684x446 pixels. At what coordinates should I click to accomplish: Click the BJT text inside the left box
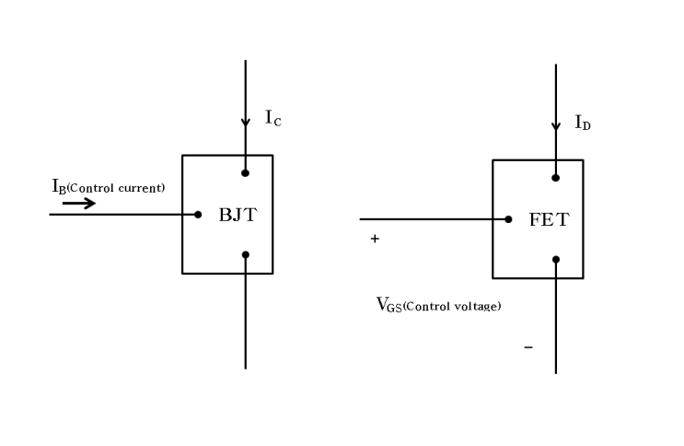pos(238,217)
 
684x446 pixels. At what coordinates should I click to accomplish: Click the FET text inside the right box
pos(549,221)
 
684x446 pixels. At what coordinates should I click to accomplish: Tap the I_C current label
pos(272,118)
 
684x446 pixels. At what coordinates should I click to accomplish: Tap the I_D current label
pos(583,123)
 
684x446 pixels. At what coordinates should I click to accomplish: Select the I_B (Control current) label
pos(108,187)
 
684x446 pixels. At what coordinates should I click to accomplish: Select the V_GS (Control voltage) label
pos(438,305)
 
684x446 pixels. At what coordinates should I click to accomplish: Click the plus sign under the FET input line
pos(375,240)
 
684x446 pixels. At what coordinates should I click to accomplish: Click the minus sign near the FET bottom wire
pos(527,347)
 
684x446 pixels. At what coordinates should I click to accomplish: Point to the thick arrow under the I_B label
pos(79,203)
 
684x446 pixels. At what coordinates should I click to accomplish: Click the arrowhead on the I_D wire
pos(555,126)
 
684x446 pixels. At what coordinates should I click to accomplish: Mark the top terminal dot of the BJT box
pos(245,172)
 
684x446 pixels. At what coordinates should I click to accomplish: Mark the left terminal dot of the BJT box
pos(198,215)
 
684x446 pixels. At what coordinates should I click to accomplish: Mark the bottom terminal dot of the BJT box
pos(245,254)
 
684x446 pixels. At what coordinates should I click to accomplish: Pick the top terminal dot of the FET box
pos(555,177)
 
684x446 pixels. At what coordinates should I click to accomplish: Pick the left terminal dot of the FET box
pos(508,219)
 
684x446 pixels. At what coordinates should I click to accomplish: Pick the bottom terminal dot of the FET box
pos(555,259)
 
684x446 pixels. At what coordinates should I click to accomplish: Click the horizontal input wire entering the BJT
pos(120,215)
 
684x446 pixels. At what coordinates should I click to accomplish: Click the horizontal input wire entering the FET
pos(433,219)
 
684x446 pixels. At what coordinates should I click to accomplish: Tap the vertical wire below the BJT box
pos(245,323)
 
